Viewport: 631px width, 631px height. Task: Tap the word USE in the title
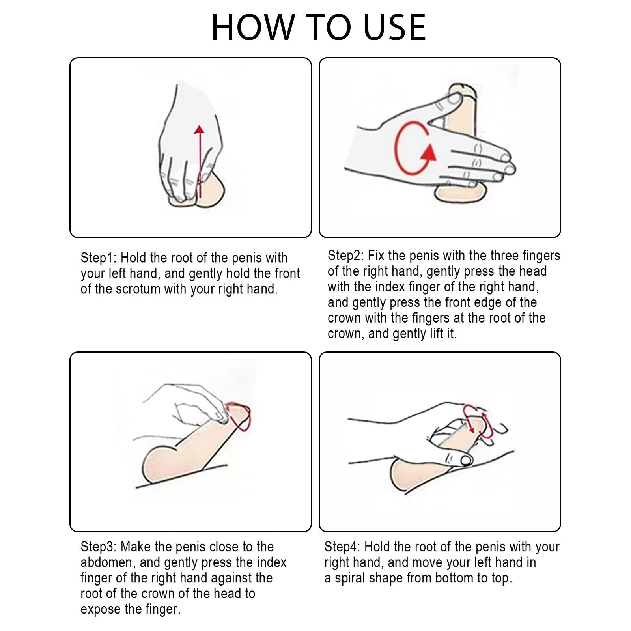[x=395, y=27]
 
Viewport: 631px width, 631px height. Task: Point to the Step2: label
[x=345, y=256]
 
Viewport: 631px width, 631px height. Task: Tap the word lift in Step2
[x=436, y=334]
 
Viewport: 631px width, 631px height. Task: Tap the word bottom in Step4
[x=453, y=578]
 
